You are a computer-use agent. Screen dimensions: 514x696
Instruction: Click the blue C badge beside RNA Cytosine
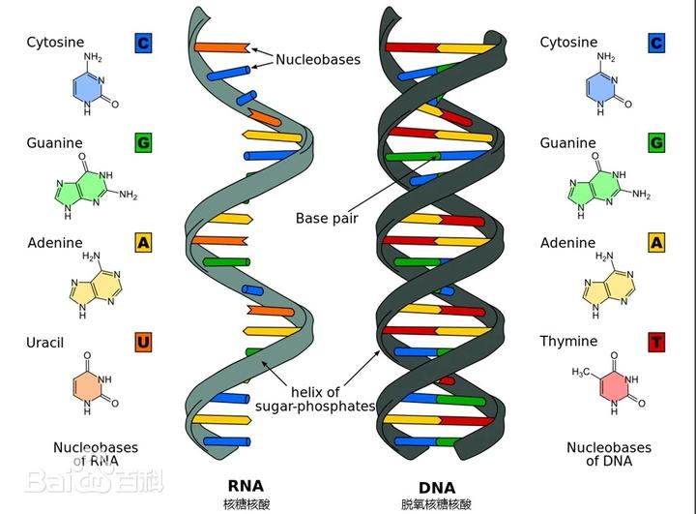(x=143, y=43)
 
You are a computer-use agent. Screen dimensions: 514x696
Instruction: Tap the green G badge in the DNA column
(x=656, y=143)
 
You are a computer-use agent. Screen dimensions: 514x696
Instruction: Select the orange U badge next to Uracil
(x=143, y=342)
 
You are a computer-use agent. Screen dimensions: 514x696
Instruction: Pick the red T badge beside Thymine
(x=656, y=342)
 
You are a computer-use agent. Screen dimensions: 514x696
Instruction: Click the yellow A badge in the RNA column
(x=143, y=243)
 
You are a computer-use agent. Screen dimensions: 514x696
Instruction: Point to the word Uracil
(x=45, y=343)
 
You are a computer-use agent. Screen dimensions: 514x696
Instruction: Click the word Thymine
(x=568, y=341)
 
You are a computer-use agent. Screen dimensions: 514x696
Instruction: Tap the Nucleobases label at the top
(x=317, y=59)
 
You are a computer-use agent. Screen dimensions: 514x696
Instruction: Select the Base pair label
(x=327, y=218)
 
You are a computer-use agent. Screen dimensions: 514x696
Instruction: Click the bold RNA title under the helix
(x=246, y=485)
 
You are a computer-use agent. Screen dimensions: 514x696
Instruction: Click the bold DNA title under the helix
(x=437, y=485)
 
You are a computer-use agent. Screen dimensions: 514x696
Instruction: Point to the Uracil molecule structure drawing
(x=95, y=381)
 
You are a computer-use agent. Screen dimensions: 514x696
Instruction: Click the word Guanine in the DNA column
(x=567, y=143)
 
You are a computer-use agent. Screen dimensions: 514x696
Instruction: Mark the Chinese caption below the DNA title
(x=437, y=504)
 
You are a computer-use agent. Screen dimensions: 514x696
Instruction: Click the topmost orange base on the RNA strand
(x=220, y=46)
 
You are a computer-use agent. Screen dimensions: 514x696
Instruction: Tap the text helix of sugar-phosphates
(x=314, y=399)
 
